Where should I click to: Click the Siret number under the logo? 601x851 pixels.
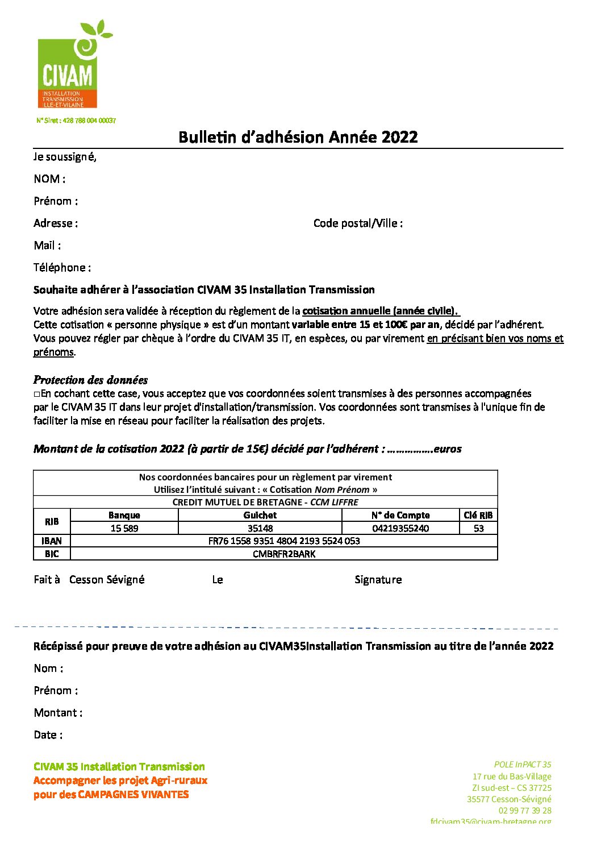(76, 121)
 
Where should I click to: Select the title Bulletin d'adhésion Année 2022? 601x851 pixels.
(298, 137)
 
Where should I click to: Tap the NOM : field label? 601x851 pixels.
(49, 179)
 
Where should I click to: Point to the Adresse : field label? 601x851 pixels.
(56, 223)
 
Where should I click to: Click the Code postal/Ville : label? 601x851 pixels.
(358, 223)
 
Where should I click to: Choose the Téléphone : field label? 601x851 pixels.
(62, 268)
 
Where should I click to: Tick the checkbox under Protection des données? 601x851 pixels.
(36, 394)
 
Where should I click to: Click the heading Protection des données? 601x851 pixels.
(90, 380)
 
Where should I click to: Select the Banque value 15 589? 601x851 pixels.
(124, 528)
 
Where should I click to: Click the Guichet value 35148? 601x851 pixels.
(260, 528)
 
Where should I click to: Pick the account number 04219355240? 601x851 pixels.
(400, 528)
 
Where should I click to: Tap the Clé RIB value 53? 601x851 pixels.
(478, 528)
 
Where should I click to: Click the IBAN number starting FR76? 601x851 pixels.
(284, 541)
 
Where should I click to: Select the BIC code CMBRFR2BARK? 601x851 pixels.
(284, 554)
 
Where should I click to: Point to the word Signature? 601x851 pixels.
(378, 580)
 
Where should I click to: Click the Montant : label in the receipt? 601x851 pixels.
(58, 713)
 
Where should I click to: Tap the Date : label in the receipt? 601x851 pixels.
(48, 735)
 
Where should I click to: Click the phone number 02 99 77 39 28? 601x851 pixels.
(525, 810)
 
